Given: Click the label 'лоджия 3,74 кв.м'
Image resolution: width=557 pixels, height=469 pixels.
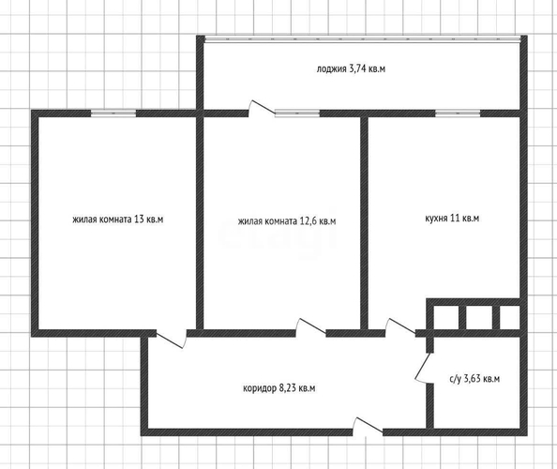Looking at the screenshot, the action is coord(351,68).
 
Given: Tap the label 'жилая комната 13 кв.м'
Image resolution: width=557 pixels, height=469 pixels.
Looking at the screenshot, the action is coord(117,219).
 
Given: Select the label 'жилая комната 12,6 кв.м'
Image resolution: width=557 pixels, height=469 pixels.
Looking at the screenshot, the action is coord(287,221).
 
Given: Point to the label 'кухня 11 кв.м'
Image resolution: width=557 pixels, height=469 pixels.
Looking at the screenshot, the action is coord(452,218).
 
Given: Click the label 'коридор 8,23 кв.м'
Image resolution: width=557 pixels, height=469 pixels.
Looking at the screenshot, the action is coord(278,388).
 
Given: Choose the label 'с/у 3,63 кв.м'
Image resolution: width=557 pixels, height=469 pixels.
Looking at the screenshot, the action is coord(474,379).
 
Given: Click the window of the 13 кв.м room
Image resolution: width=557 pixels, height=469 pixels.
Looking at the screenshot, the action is coord(113,113).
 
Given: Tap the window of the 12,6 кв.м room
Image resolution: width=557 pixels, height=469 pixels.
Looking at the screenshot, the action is coord(297,113).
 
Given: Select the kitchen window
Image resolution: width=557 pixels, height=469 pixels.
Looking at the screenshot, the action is coord(458,113).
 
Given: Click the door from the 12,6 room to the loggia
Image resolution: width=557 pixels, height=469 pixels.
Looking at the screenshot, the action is coord(262,109).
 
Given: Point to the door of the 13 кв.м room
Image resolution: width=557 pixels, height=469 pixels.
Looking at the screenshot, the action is coord(172,339).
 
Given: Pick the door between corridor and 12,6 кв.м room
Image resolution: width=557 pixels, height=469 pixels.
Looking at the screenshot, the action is coord(310,327).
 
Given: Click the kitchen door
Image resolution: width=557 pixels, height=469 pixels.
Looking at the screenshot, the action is coord(400,327).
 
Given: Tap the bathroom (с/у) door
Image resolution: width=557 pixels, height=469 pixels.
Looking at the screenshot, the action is coord(424,368).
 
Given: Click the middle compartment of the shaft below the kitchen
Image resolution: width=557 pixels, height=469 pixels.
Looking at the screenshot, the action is coord(479,317).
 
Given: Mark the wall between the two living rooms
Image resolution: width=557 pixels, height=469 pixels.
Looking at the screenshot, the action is coord(200,223).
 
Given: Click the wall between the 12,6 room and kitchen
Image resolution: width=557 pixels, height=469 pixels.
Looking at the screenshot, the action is coord(364,223).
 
